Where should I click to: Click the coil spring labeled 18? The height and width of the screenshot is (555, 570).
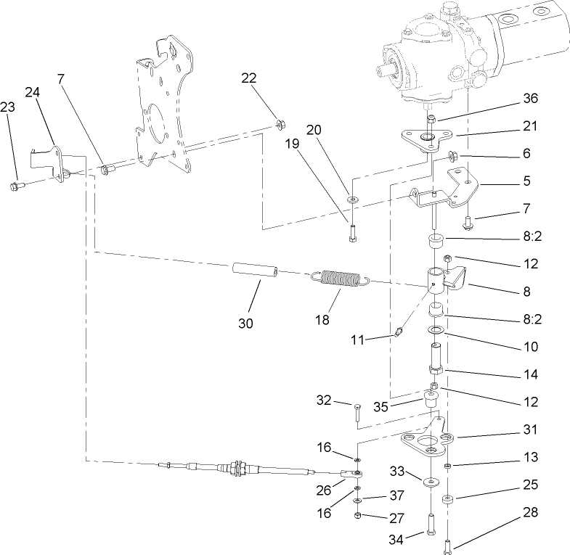pos(342,279)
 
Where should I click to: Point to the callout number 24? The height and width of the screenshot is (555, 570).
pos(33,92)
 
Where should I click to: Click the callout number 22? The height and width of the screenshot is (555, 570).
pos(250,78)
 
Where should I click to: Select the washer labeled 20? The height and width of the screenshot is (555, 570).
pos(351,197)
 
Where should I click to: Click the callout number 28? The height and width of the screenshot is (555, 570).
pos(532,513)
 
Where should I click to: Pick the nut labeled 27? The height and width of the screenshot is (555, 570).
pos(358,516)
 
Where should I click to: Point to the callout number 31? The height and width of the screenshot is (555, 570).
pos(531,429)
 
